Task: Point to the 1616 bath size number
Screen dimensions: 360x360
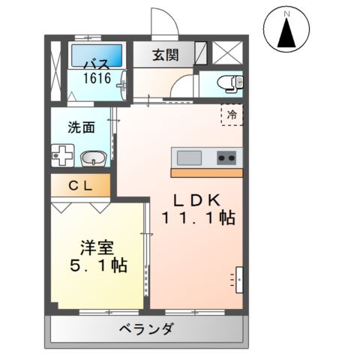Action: (x=97, y=77)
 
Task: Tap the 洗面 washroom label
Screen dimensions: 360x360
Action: (x=81, y=127)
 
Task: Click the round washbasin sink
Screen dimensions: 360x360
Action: (x=93, y=157)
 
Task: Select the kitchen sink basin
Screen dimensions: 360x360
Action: (x=188, y=157)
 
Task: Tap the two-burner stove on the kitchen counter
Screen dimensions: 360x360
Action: (x=226, y=157)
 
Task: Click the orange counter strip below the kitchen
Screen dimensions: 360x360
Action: (x=206, y=173)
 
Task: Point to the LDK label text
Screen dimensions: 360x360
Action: (x=196, y=200)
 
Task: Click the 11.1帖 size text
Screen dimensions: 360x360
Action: (x=197, y=219)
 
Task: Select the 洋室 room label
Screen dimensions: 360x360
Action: (x=97, y=247)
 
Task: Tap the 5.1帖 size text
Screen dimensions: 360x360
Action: (x=97, y=265)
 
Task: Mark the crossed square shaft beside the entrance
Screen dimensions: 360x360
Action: (x=224, y=52)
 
